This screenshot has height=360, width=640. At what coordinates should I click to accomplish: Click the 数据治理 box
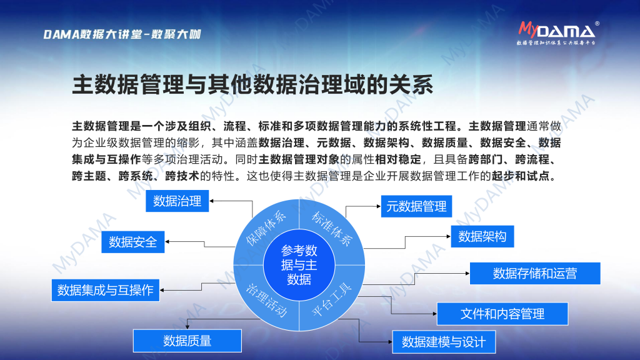[177, 201]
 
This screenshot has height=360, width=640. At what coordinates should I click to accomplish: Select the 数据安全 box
[132, 242]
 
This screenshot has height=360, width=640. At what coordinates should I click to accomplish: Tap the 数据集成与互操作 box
[105, 290]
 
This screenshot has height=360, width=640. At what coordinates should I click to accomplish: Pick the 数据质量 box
[187, 341]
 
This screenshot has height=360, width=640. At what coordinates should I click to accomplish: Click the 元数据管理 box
[416, 206]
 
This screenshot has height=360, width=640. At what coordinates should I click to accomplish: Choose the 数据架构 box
[482, 236]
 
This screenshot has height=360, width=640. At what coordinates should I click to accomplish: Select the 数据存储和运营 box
[535, 274]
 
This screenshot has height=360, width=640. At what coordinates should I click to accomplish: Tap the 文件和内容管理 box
[502, 314]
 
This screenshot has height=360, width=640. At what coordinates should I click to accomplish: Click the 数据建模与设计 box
[444, 342]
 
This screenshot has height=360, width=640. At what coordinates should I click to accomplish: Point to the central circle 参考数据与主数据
[299, 265]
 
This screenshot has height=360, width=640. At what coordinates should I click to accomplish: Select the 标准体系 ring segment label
[332, 229]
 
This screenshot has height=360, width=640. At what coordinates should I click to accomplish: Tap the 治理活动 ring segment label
[266, 301]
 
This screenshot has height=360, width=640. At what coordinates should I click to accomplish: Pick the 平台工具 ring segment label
[331, 300]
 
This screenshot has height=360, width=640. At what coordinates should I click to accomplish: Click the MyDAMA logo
[558, 33]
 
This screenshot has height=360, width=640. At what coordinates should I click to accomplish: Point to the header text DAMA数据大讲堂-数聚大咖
[122, 34]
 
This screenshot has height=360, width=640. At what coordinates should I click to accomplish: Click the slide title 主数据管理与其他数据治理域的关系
[252, 85]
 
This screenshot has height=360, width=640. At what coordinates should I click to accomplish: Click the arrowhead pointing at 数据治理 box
[212, 201]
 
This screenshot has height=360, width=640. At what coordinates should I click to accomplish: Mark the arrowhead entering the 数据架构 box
[448, 236]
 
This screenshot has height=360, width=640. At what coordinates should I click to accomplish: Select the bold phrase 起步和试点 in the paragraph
[521, 176]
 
